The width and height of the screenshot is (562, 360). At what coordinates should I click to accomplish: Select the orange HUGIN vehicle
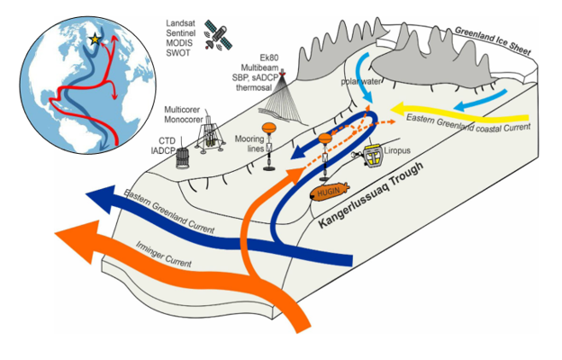(x=327, y=193)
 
